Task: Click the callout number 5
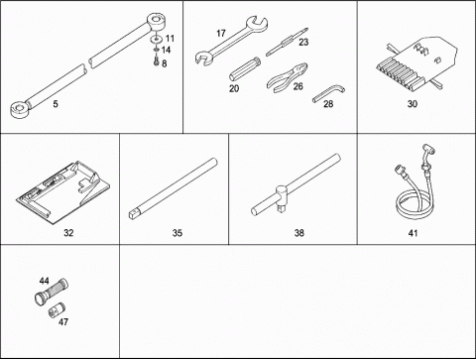pos(56,104)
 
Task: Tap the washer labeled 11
pos(157,39)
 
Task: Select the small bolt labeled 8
pos(157,61)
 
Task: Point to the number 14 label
pos(166,50)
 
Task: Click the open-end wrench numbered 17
pos(230,41)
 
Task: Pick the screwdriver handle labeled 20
pos(245,69)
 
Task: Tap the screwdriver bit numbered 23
pos(287,42)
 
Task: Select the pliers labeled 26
pos(287,78)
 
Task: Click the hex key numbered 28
pos(328,93)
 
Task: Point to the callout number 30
pos(413,104)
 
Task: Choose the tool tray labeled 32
pos(62,192)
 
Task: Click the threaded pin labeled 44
pos(52,292)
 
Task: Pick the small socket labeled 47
pos(57,309)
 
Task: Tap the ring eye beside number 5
pos(20,109)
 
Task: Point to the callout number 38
pos(298,233)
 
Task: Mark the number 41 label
pos(413,233)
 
